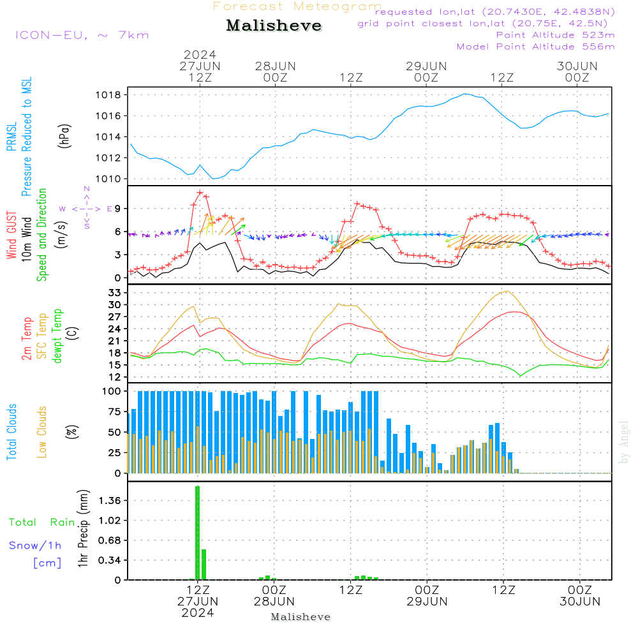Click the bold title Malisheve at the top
274,26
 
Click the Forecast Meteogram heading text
297,7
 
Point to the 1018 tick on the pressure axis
108,95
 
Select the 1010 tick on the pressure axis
108,179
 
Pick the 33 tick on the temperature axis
115,292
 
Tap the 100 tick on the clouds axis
112,391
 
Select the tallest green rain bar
198,533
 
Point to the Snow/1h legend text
35,545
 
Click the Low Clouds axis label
43,431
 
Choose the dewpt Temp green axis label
58,336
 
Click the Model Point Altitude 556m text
535,47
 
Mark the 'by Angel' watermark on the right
624,442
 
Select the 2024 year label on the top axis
200,54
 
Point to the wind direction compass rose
87,209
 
